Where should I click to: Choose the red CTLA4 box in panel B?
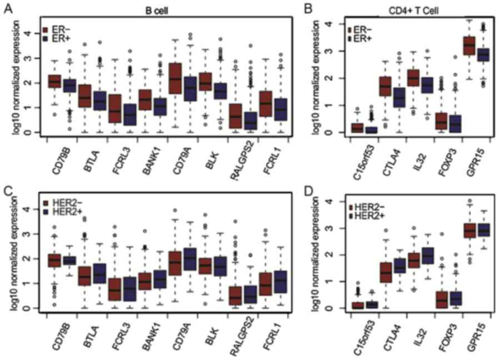pos(385,86)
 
